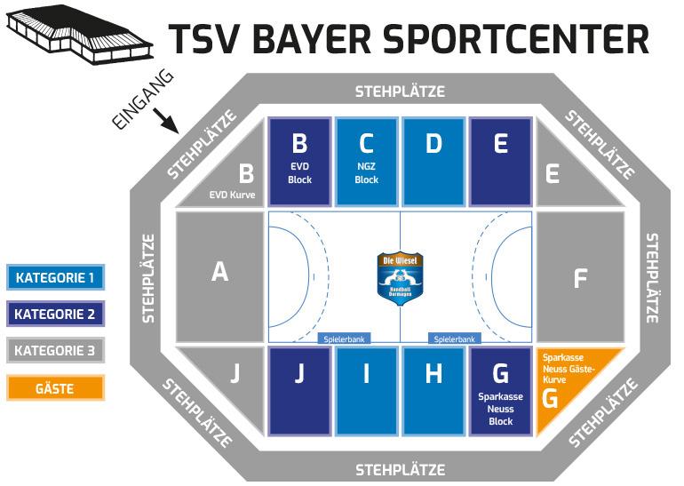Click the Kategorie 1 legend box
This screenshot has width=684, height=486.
(55, 277)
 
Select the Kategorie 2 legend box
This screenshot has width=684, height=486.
(55, 314)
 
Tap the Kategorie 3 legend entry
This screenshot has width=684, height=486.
(55, 351)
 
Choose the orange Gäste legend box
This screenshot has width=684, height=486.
(55, 388)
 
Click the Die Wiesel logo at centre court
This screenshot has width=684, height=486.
(400, 276)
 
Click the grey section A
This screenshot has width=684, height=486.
(220, 275)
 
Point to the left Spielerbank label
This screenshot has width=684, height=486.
(343, 339)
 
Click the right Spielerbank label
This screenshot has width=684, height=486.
(454, 339)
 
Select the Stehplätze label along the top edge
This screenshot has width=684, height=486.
(400, 92)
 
